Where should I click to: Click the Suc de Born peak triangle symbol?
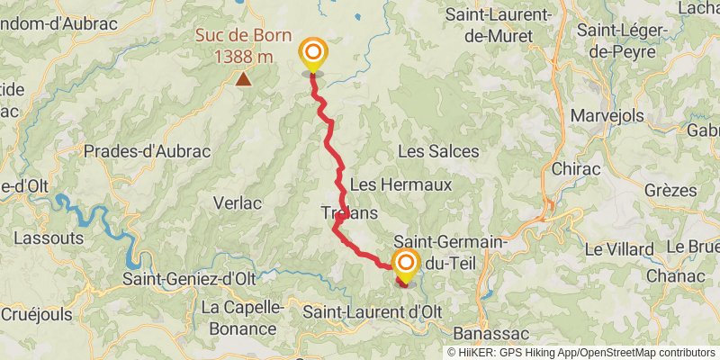tap(243, 79)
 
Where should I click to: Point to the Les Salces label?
tap(438, 151)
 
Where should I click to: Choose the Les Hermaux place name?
tap(400, 184)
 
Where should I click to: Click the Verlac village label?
tap(237, 203)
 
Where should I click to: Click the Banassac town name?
tap(485, 330)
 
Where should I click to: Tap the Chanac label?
tap(670, 274)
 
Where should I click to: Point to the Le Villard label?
tap(619, 248)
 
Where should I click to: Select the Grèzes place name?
tap(670, 191)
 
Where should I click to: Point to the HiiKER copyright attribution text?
tap(580, 353)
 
